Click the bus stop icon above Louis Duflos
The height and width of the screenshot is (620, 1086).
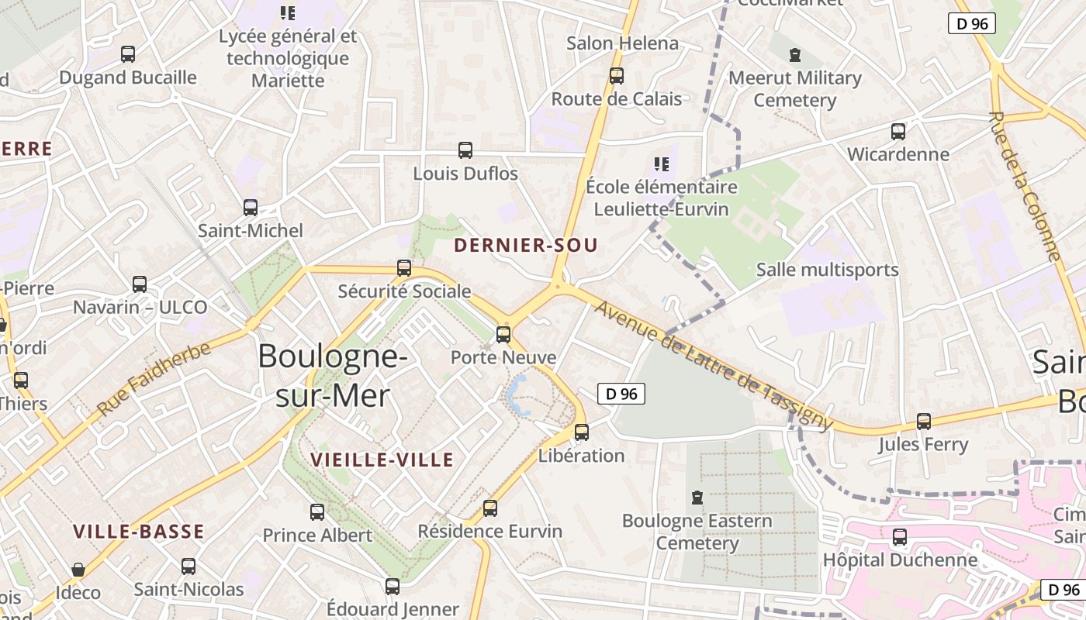[x=465, y=150]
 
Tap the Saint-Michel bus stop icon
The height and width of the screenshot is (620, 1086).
[x=251, y=208]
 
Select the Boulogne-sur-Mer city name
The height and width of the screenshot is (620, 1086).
[x=333, y=375]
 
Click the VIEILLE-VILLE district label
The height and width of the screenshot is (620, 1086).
[x=382, y=460]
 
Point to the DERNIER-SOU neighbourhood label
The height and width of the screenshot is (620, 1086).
[x=526, y=246]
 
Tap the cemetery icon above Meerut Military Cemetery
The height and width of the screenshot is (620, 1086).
[x=795, y=55]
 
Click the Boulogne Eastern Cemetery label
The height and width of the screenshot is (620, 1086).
[x=697, y=532]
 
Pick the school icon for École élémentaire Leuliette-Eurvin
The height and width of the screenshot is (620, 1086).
[x=661, y=164]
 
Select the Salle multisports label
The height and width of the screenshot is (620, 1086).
[x=827, y=270]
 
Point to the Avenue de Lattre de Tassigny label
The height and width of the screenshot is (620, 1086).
[x=714, y=366]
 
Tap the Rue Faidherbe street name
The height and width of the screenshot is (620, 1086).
[x=154, y=378]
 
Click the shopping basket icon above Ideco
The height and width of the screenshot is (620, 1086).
[x=78, y=570]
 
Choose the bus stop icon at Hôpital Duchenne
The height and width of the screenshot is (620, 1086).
[x=900, y=537]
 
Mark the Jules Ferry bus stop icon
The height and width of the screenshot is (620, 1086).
[x=924, y=422]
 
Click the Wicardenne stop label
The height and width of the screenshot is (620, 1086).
[x=898, y=154]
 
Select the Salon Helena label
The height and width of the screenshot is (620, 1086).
[x=622, y=43]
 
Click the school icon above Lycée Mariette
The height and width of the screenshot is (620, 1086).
[x=288, y=13]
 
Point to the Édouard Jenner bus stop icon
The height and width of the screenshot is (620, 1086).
[x=393, y=587]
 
